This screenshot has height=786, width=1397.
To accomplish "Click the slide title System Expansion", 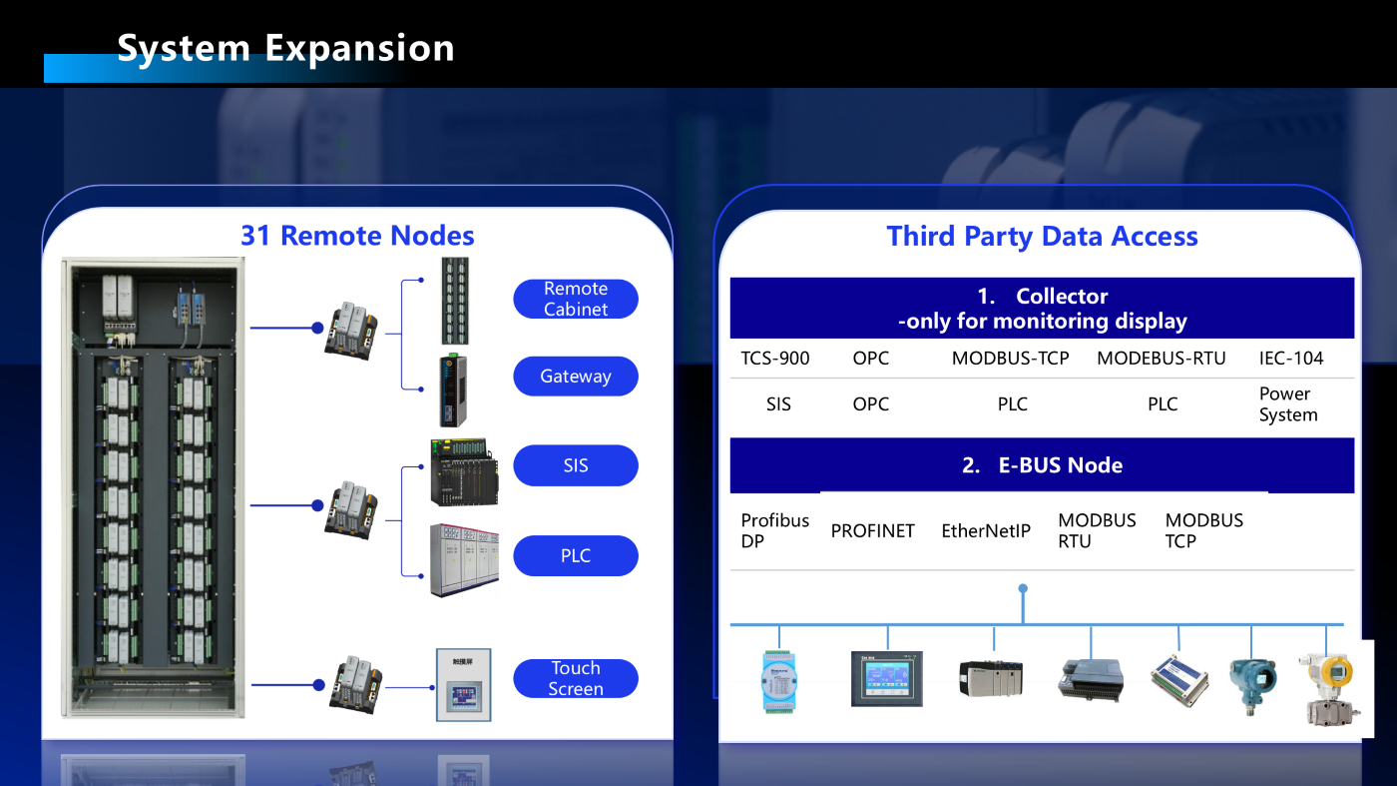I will tap(285, 47).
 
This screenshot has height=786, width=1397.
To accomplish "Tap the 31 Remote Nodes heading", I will tap(357, 236).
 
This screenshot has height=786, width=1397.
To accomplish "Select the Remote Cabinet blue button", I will tap(576, 299).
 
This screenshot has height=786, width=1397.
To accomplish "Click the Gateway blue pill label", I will tap(576, 377).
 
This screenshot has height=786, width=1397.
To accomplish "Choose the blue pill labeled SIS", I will tap(576, 465).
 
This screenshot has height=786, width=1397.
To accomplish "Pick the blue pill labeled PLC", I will tap(576, 555).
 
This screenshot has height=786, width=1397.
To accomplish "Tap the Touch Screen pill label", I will tap(576, 678).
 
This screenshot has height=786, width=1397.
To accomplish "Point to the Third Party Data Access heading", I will tap(1042, 237).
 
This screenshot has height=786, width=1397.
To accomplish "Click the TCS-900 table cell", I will tap(775, 358).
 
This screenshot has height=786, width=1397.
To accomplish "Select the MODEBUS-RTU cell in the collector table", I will tap(1162, 358).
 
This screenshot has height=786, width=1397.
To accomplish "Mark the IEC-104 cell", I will tap(1292, 358).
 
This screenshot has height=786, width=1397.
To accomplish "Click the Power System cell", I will tap(1288, 404).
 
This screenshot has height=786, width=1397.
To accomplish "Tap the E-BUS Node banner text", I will tap(1042, 465).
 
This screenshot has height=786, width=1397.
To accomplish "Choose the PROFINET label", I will tap(873, 531).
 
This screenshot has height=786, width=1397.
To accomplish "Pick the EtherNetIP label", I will tap(986, 531).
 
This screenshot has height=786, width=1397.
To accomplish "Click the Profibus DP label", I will tap(775, 531).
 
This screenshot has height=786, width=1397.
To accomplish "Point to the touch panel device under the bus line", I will tap(886, 679).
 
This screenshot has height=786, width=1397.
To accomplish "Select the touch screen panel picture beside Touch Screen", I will tap(464, 685).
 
